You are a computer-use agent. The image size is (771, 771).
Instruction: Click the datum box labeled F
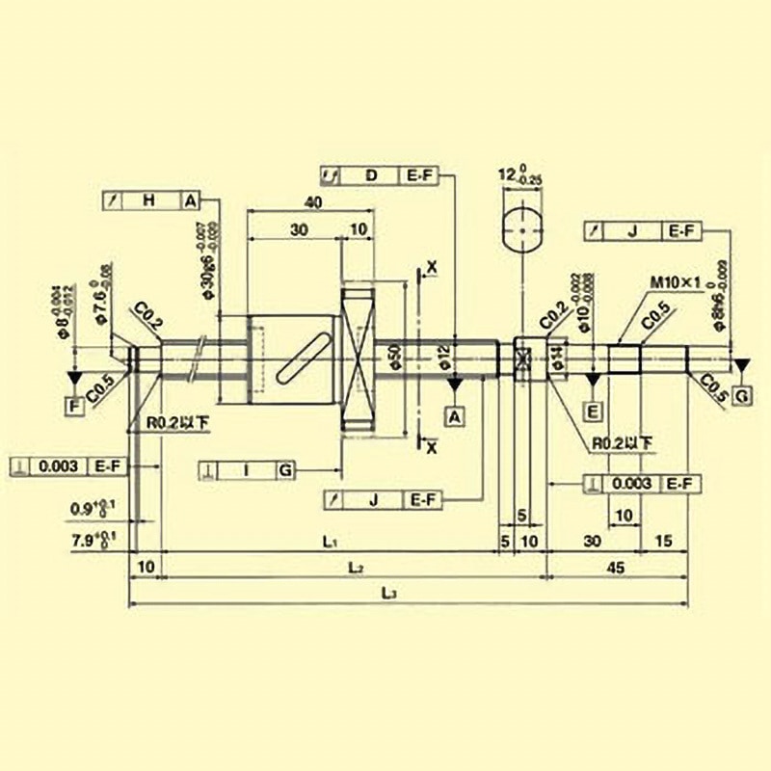72,405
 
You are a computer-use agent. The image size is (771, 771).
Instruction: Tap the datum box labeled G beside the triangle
739,396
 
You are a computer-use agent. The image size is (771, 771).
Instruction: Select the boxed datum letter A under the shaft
455,415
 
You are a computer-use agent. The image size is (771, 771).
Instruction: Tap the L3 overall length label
390,595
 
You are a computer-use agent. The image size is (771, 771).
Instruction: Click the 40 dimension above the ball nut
311,201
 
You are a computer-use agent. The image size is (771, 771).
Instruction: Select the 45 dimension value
617,569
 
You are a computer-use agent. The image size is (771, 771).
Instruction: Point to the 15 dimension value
664,543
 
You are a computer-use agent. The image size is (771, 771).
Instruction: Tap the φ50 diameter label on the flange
394,358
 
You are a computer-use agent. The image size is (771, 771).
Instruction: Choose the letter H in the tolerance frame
149,200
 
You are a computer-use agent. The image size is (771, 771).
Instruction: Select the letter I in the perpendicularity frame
246,469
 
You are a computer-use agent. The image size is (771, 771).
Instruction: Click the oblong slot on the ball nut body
305,357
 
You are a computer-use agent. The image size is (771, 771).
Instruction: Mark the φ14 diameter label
558,359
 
